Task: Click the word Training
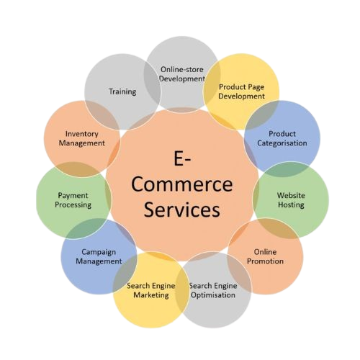pyautogui.click(x=122, y=91)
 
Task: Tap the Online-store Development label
pyautogui.click(x=182, y=74)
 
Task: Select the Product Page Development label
pyautogui.click(x=241, y=91)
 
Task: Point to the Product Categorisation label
pyautogui.click(x=282, y=138)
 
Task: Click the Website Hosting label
pyautogui.click(x=291, y=200)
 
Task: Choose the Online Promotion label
pyautogui.click(x=265, y=256)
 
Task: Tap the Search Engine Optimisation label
pyautogui.click(x=213, y=290)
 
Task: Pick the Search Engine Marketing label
pyautogui.click(x=151, y=290)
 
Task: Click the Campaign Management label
pyautogui.click(x=99, y=256)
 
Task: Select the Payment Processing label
pyautogui.click(x=73, y=200)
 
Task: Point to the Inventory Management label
pyautogui.click(x=82, y=138)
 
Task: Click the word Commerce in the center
pyautogui.click(x=182, y=184)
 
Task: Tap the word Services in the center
pyautogui.click(x=182, y=210)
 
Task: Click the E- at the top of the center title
pyautogui.click(x=182, y=158)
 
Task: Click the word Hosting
pyautogui.click(x=291, y=205)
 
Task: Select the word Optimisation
pyautogui.click(x=213, y=295)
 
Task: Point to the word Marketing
pyautogui.click(x=151, y=295)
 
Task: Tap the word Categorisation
pyautogui.click(x=282, y=143)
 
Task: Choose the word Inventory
pyautogui.click(x=82, y=134)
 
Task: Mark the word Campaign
pyautogui.click(x=99, y=252)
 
